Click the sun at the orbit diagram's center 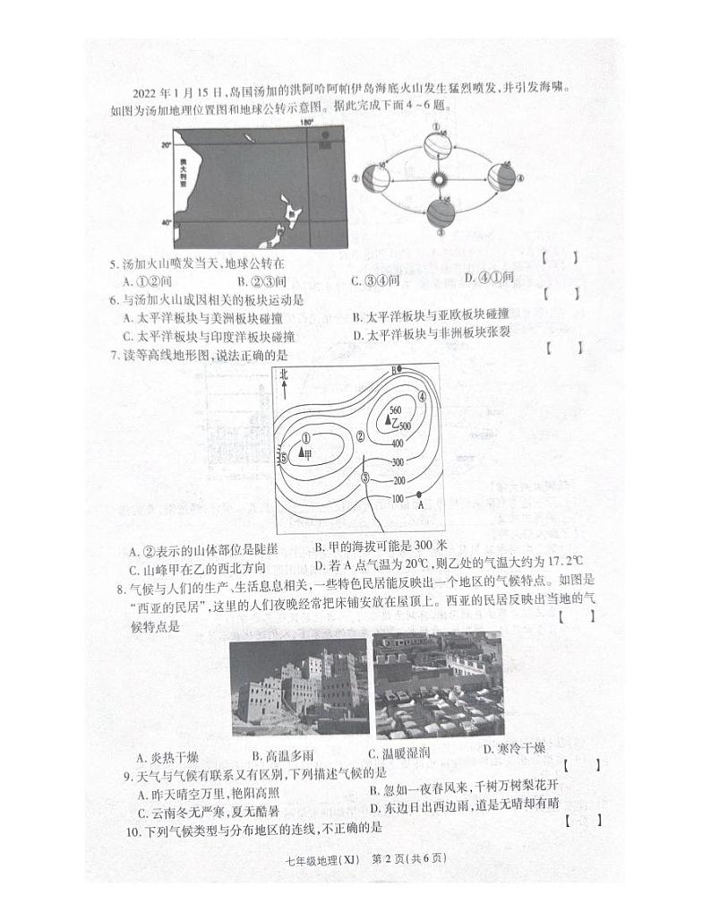coord(439,179)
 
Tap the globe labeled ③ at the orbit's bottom coord(440,214)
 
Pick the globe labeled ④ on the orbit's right coord(502,177)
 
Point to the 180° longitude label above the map coord(306,122)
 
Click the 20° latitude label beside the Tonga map coord(165,144)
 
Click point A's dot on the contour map coord(419,495)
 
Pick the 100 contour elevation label coord(398,498)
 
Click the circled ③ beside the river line coord(364,478)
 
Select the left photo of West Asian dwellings coord(298,686)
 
